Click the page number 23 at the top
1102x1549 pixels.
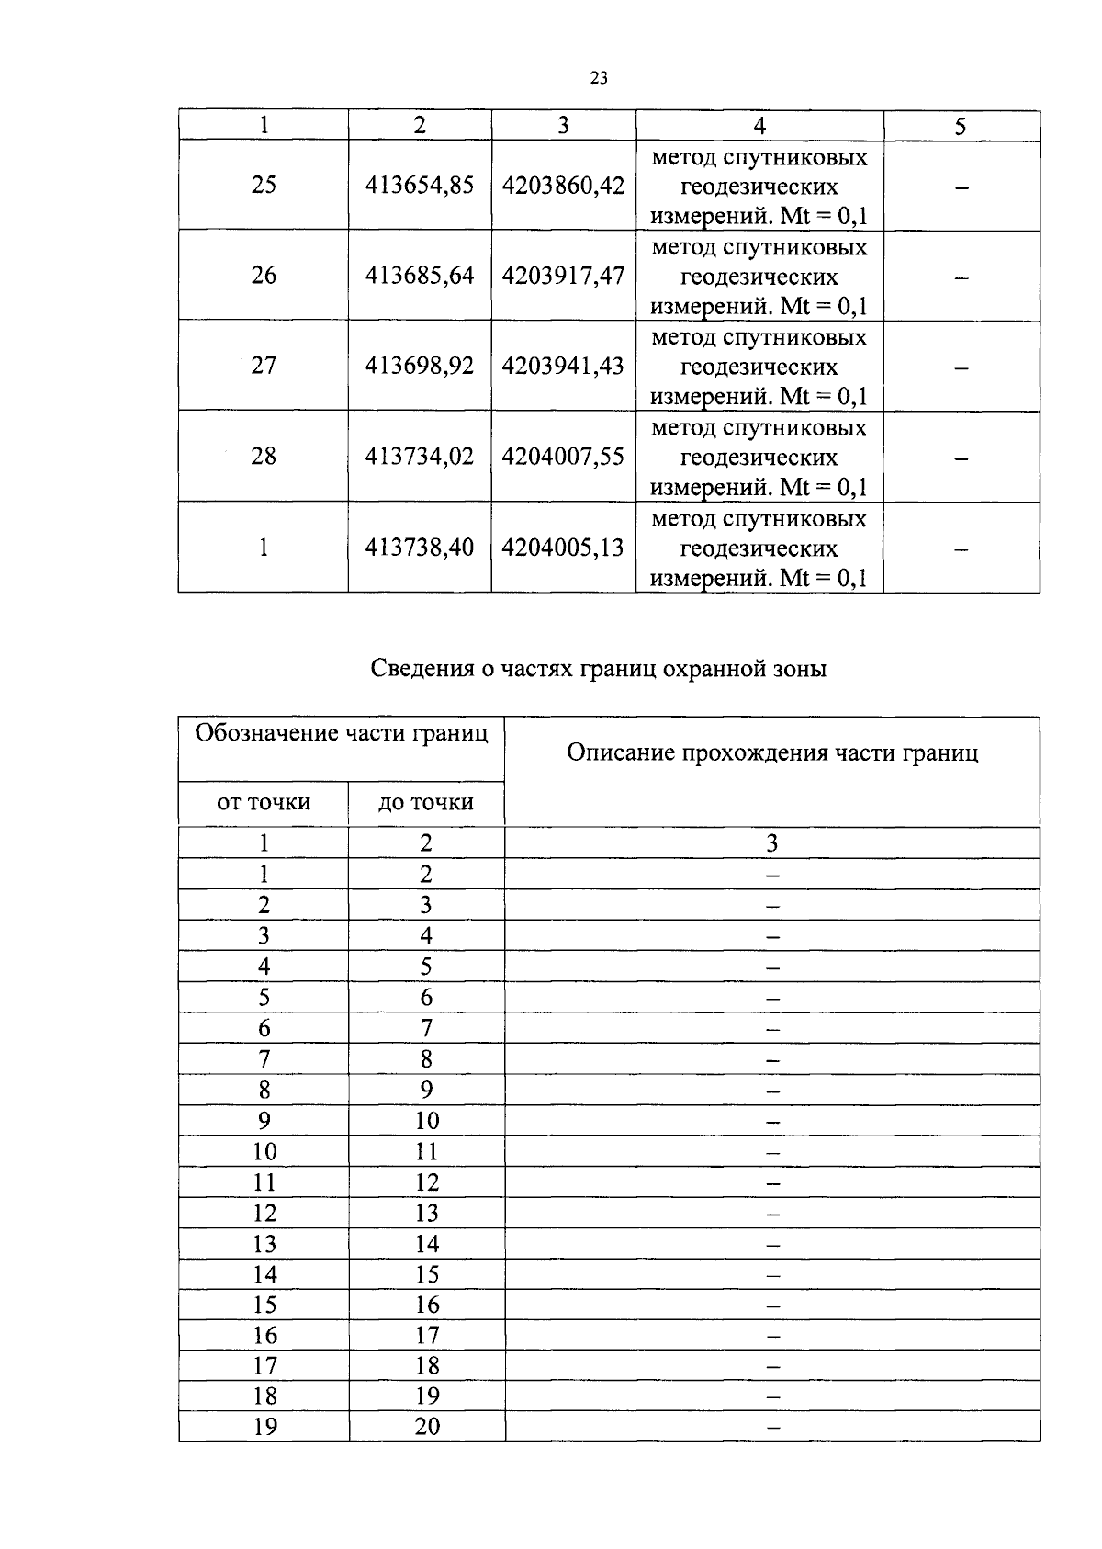(599, 79)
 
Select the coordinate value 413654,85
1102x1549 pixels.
(420, 185)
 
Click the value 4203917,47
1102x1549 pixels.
(563, 275)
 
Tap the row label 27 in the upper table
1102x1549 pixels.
(264, 365)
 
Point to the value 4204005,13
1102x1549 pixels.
(563, 547)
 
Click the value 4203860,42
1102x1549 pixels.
(563, 185)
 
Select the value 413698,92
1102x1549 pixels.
(420, 365)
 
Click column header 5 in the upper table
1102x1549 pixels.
(961, 126)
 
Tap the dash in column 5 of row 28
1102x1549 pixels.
(961, 457)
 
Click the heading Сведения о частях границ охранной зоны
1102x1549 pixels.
(599, 668)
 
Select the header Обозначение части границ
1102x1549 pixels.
(342, 733)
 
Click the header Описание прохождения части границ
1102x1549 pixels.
(772, 753)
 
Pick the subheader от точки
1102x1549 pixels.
(264, 802)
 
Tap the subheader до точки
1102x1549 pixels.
(426, 802)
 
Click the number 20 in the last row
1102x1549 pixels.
(427, 1426)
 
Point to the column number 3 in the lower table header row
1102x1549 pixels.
(772, 842)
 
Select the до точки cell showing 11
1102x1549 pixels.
(427, 1151)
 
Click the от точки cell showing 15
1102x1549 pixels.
(264, 1305)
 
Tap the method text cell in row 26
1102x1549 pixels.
(759, 276)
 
